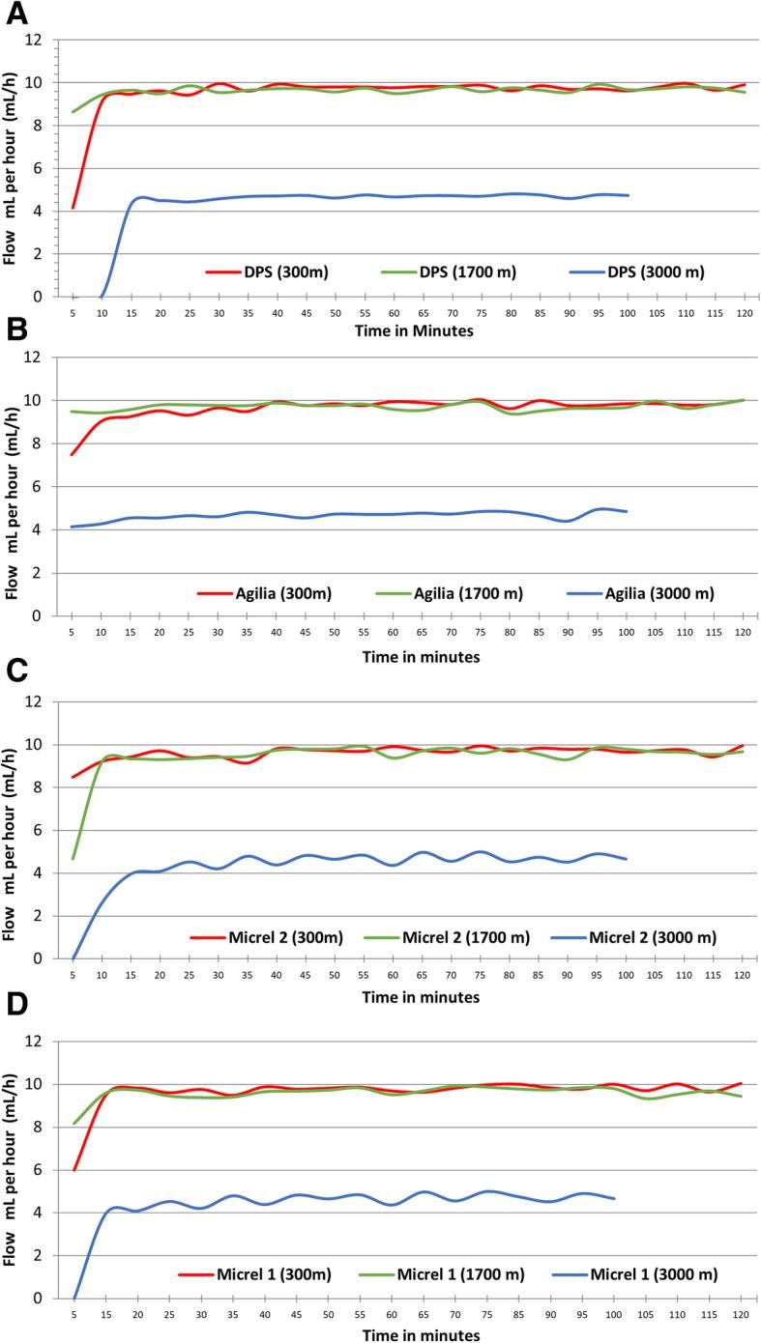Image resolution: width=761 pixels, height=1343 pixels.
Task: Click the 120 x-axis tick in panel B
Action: (742, 632)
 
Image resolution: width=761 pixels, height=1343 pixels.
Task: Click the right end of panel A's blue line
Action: (629, 195)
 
